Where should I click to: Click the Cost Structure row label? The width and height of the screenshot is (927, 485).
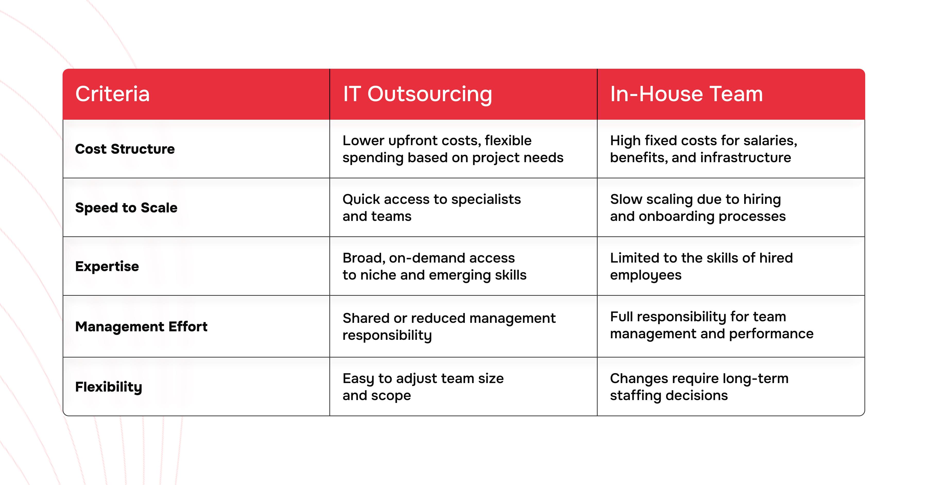pos(125,149)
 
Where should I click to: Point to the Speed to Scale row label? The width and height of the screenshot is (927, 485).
pos(126,207)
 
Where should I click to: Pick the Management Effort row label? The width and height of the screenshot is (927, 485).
pos(141,327)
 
